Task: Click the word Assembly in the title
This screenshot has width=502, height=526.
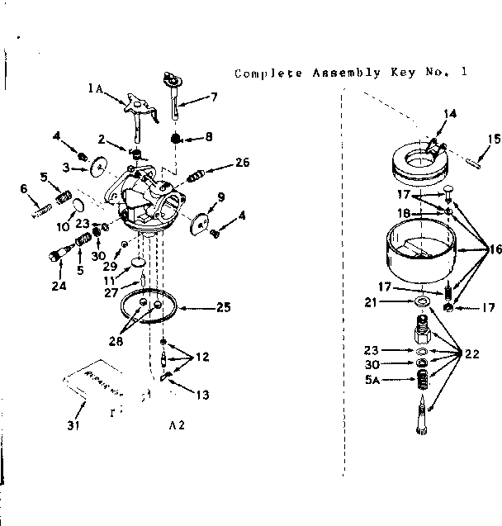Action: pos(341,73)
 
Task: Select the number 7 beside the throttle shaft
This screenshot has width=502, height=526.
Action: pos(214,97)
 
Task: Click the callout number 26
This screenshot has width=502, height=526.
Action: pos(242,163)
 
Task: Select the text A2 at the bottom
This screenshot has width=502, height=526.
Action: pos(177,425)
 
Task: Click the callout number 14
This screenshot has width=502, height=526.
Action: pos(450,114)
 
